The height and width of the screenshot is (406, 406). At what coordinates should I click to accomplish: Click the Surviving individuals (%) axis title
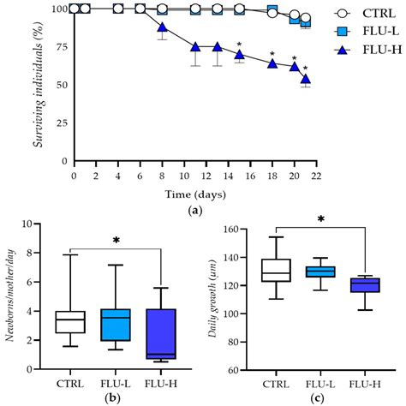[x=39, y=85]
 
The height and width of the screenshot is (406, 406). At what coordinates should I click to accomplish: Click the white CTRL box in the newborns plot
[x=69, y=321]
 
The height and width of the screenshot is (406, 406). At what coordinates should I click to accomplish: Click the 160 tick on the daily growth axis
[x=239, y=229]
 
